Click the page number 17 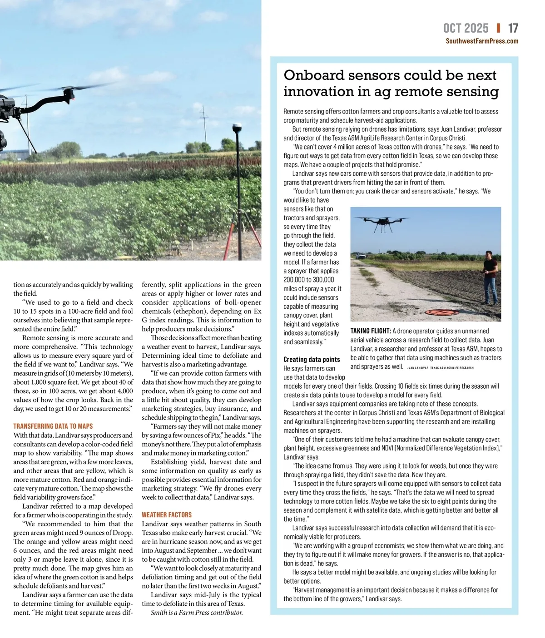tap(513, 29)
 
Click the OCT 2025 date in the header tap(466, 29)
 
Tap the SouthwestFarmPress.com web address tap(481, 41)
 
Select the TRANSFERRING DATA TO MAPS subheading tap(53, 426)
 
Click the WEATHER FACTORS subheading tap(167, 514)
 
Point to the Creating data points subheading tap(312, 359)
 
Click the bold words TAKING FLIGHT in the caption tap(370, 331)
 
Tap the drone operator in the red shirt tap(490, 277)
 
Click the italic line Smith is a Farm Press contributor tap(197, 613)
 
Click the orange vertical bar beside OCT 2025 tap(499, 28)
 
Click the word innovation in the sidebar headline tap(317, 91)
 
